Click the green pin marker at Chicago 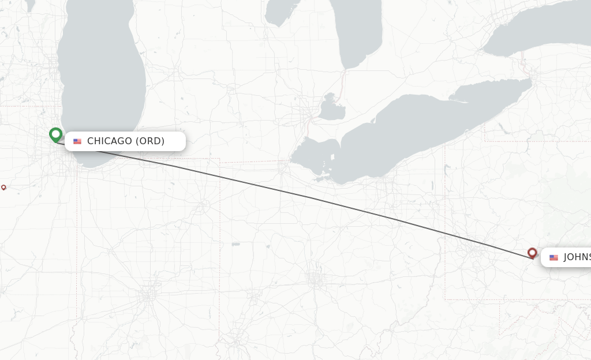tap(55, 135)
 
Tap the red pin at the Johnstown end tap(532, 253)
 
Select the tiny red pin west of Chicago tap(3, 187)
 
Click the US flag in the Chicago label tap(77, 141)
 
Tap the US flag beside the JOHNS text tap(553, 257)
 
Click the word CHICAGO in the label tap(109, 141)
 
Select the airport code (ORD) tap(150, 141)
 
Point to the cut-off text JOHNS tap(577, 257)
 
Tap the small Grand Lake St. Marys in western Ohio tap(235, 244)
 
